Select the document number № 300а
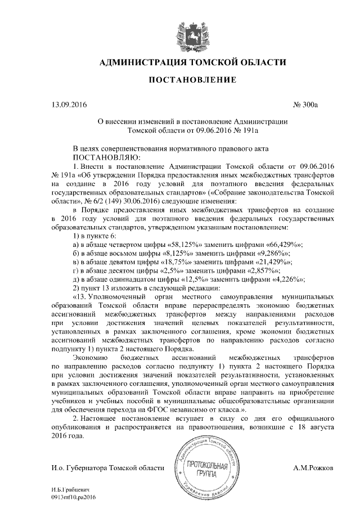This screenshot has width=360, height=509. [306, 105]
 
